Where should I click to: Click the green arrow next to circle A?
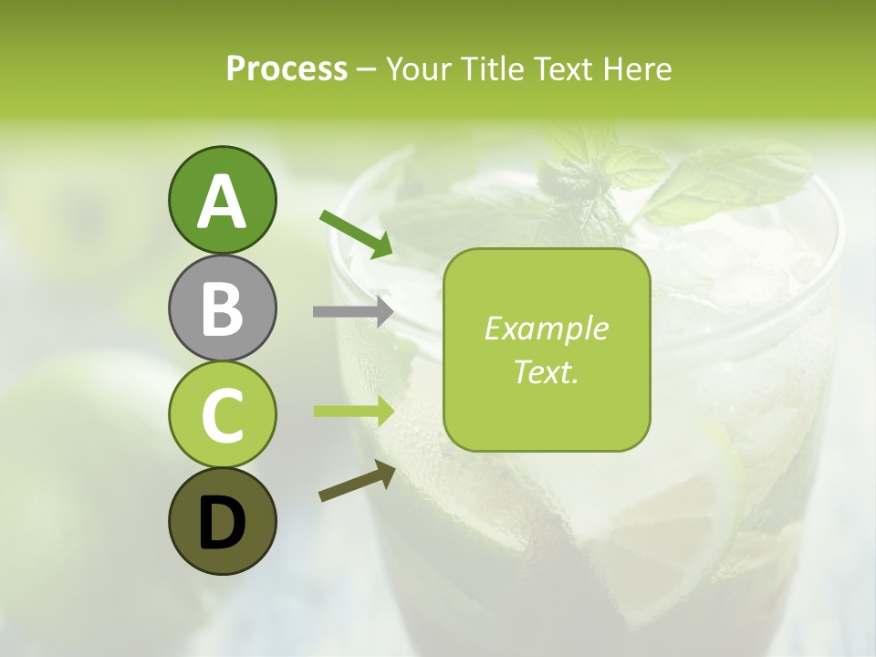pyautogui.click(x=356, y=233)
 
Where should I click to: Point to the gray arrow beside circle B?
pyautogui.click(x=353, y=311)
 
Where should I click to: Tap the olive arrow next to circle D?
pyautogui.click(x=357, y=481)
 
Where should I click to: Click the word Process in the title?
pyautogui.click(x=287, y=68)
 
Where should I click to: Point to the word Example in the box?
pyautogui.click(x=546, y=328)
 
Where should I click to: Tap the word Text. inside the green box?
pyautogui.click(x=546, y=371)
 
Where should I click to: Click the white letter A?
pyautogui.click(x=222, y=202)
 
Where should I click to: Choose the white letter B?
pyautogui.click(x=222, y=308)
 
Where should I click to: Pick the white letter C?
pyautogui.click(x=222, y=415)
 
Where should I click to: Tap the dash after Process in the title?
pyautogui.click(x=367, y=70)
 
